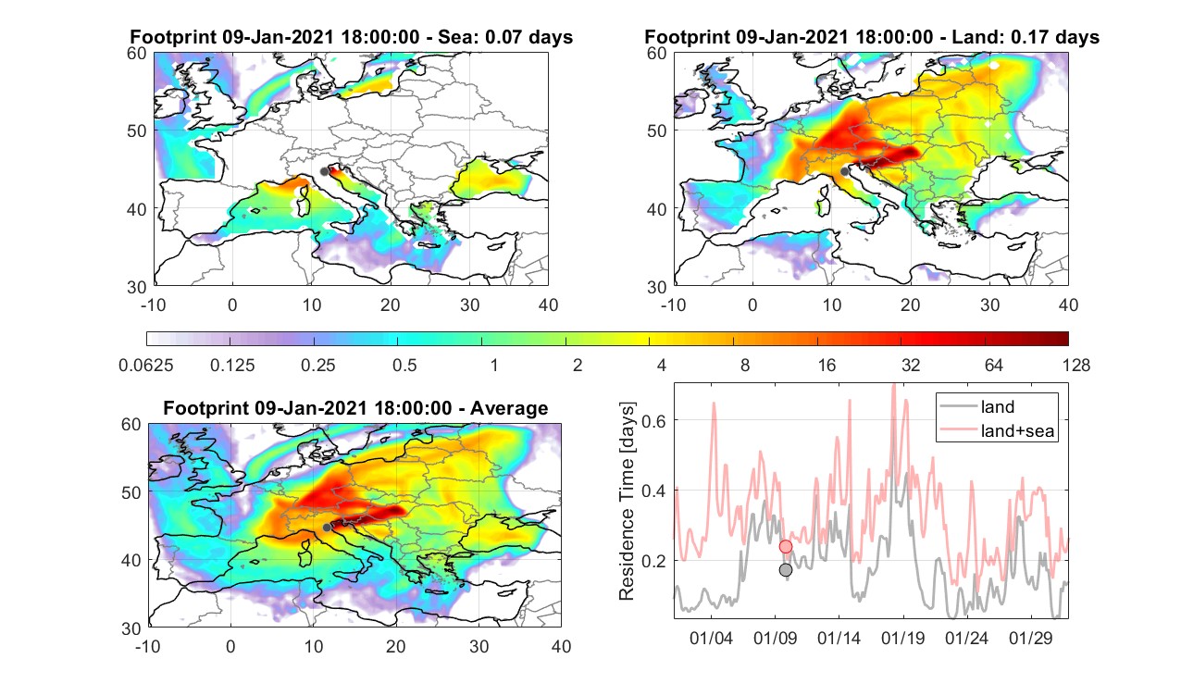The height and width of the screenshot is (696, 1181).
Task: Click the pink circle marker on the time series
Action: click(786, 546)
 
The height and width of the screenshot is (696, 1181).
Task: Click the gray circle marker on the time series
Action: click(786, 570)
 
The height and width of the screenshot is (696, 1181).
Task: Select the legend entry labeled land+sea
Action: click(998, 430)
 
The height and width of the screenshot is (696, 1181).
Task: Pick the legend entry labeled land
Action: click(977, 406)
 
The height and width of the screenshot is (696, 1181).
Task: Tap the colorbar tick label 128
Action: click(1076, 365)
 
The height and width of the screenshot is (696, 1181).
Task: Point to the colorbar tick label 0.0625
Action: click(145, 365)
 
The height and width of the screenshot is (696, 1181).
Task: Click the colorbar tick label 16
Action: click(827, 365)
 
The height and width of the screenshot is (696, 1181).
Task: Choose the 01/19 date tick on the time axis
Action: click(902, 638)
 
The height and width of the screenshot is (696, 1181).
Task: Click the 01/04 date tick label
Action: click(711, 638)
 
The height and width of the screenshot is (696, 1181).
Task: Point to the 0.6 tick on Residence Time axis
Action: click(653, 421)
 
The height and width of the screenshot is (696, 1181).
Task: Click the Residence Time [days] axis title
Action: click(627, 501)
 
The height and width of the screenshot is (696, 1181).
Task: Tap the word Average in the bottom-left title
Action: click(509, 408)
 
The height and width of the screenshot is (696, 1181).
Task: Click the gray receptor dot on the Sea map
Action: click(324, 171)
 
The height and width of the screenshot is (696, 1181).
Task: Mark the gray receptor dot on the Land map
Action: click(845, 171)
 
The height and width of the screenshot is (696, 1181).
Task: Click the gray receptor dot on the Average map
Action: click(327, 528)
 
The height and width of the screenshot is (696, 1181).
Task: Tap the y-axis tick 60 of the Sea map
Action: click(137, 54)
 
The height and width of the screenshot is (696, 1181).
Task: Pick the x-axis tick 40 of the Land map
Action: click(1068, 304)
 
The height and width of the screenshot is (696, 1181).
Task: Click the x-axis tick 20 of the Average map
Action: click(395, 646)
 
